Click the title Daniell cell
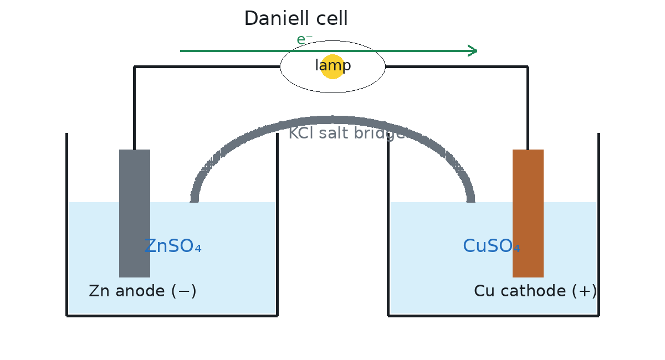coord(296,18)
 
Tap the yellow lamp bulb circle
coord(333,67)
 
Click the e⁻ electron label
coord(305,39)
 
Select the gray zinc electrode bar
coord(135,213)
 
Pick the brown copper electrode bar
coord(528,213)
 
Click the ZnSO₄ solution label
coord(173,246)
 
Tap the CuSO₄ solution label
coord(492,246)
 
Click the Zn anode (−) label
coord(142,291)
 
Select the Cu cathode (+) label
coord(535,291)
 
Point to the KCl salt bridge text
coord(347,133)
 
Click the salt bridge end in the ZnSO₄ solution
coord(194,201)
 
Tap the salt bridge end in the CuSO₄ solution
coord(471,201)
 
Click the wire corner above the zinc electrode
coord(135,67)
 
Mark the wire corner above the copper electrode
coord(528,67)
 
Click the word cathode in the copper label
coord(533,291)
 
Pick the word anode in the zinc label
coord(140,291)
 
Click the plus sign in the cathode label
coord(584,291)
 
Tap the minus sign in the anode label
coord(184,291)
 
